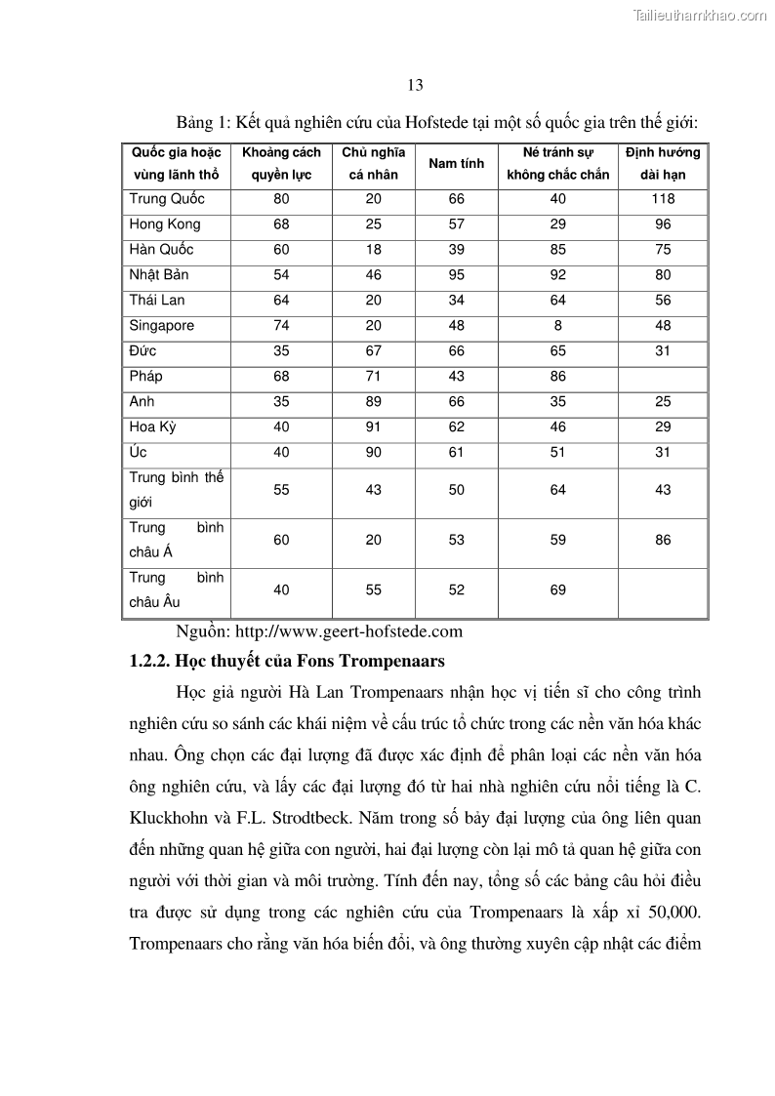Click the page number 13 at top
pyautogui.click(x=415, y=85)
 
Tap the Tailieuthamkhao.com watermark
pyautogui.click(x=700, y=15)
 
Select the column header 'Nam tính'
pyautogui.click(x=456, y=163)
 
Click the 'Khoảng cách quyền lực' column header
pyautogui.click(x=281, y=163)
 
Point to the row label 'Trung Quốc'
pyautogui.click(x=167, y=199)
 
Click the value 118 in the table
pyautogui.click(x=663, y=199)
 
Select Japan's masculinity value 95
pyautogui.click(x=456, y=275)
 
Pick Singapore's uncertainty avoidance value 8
pyautogui.click(x=557, y=326)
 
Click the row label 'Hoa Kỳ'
pyautogui.click(x=153, y=427)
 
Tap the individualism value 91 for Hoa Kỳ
pyautogui.click(x=373, y=427)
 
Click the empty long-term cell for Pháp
pyautogui.click(x=663, y=377)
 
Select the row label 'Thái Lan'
pyautogui.click(x=157, y=301)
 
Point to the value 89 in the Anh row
pyautogui.click(x=373, y=402)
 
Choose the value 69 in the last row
pyautogui.click(x=557, y=590)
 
